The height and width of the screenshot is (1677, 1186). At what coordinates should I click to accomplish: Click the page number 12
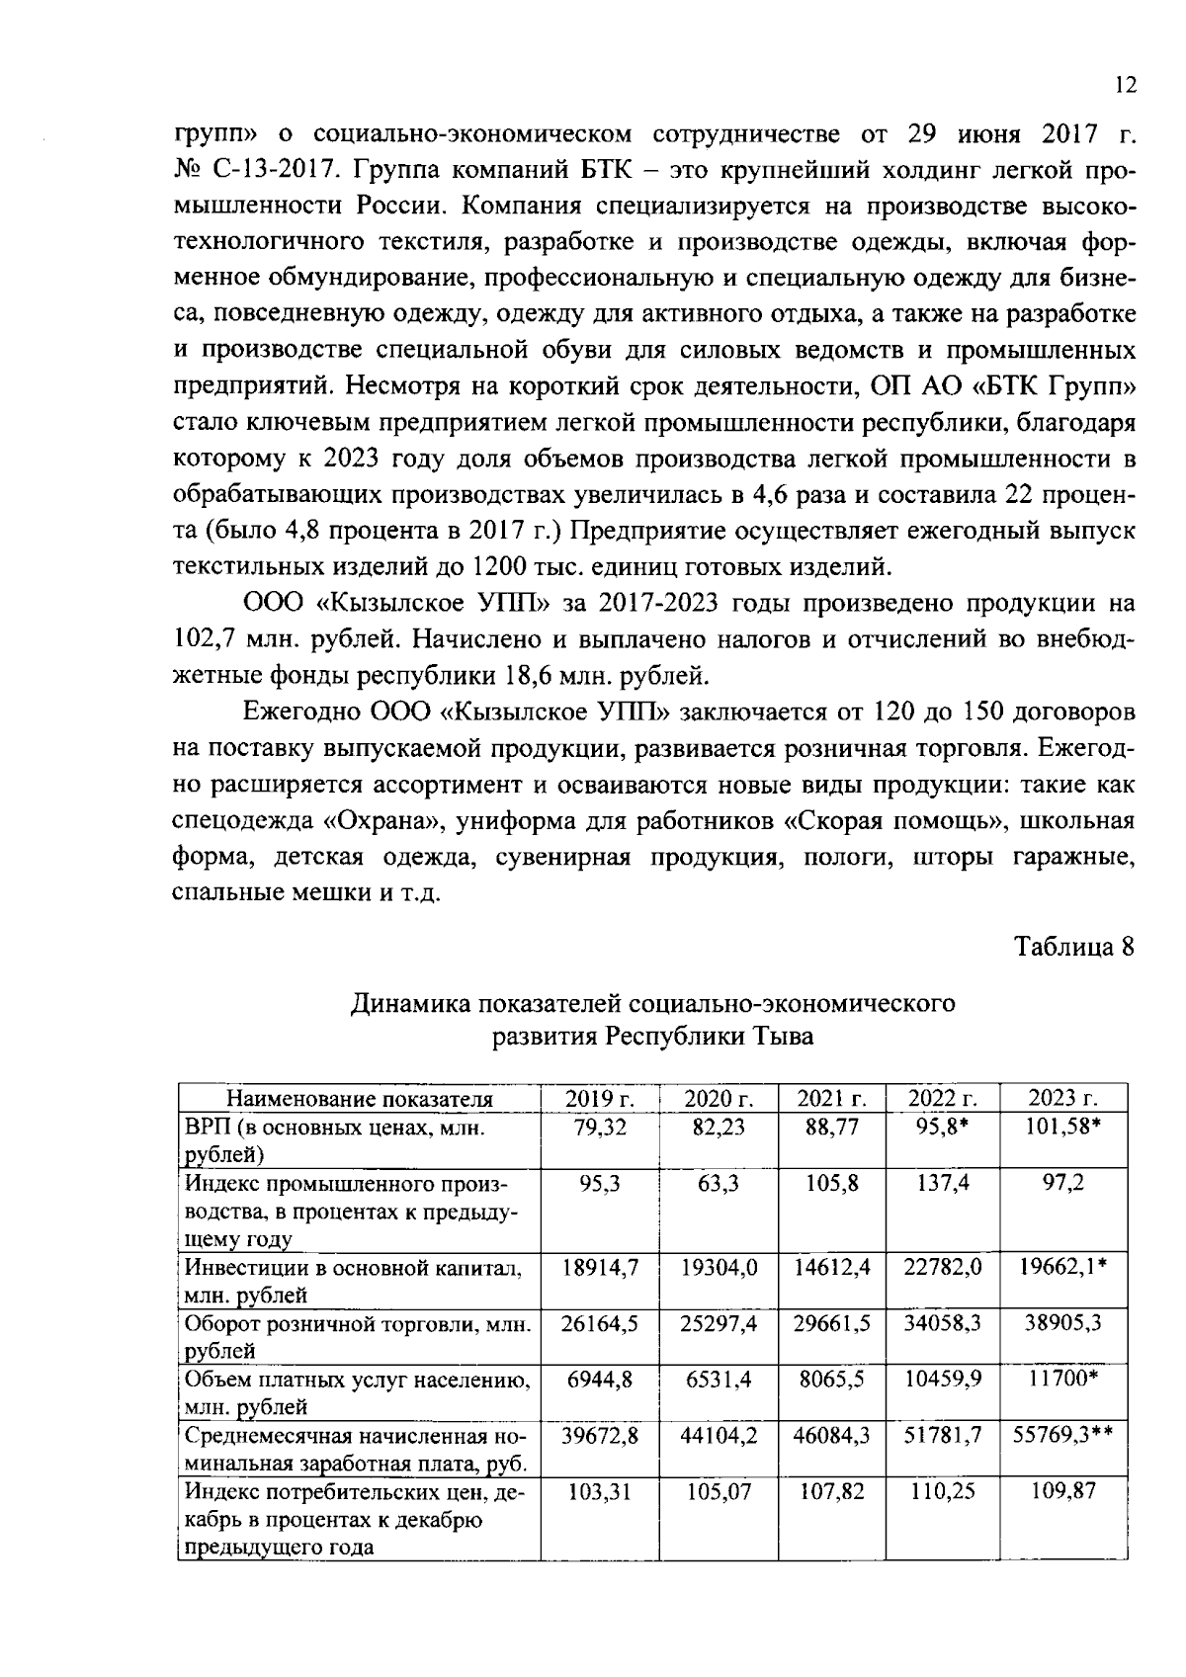tap(1125, 86)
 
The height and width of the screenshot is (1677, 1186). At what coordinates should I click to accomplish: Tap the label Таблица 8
tap(1073, 946)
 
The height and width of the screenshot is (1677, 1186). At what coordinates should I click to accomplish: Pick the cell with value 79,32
tap(599, 1128)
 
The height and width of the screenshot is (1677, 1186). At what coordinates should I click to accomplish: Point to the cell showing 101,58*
tap(1062, 1128)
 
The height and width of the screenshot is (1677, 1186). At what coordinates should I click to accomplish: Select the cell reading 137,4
tap(942, 1183)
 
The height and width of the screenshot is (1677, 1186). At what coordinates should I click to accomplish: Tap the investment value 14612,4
tap(831, 1267)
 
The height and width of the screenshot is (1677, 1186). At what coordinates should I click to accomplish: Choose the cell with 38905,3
tap(1062, 1323)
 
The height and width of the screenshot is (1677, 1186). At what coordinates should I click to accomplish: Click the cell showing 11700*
tap(1062, 1380)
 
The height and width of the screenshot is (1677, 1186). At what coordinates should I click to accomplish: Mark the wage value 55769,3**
tap(1062, 1435)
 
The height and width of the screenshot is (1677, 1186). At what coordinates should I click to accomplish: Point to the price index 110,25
tap(942, 1491)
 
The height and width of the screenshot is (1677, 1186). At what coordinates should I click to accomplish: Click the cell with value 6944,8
tap(599, 1380)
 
